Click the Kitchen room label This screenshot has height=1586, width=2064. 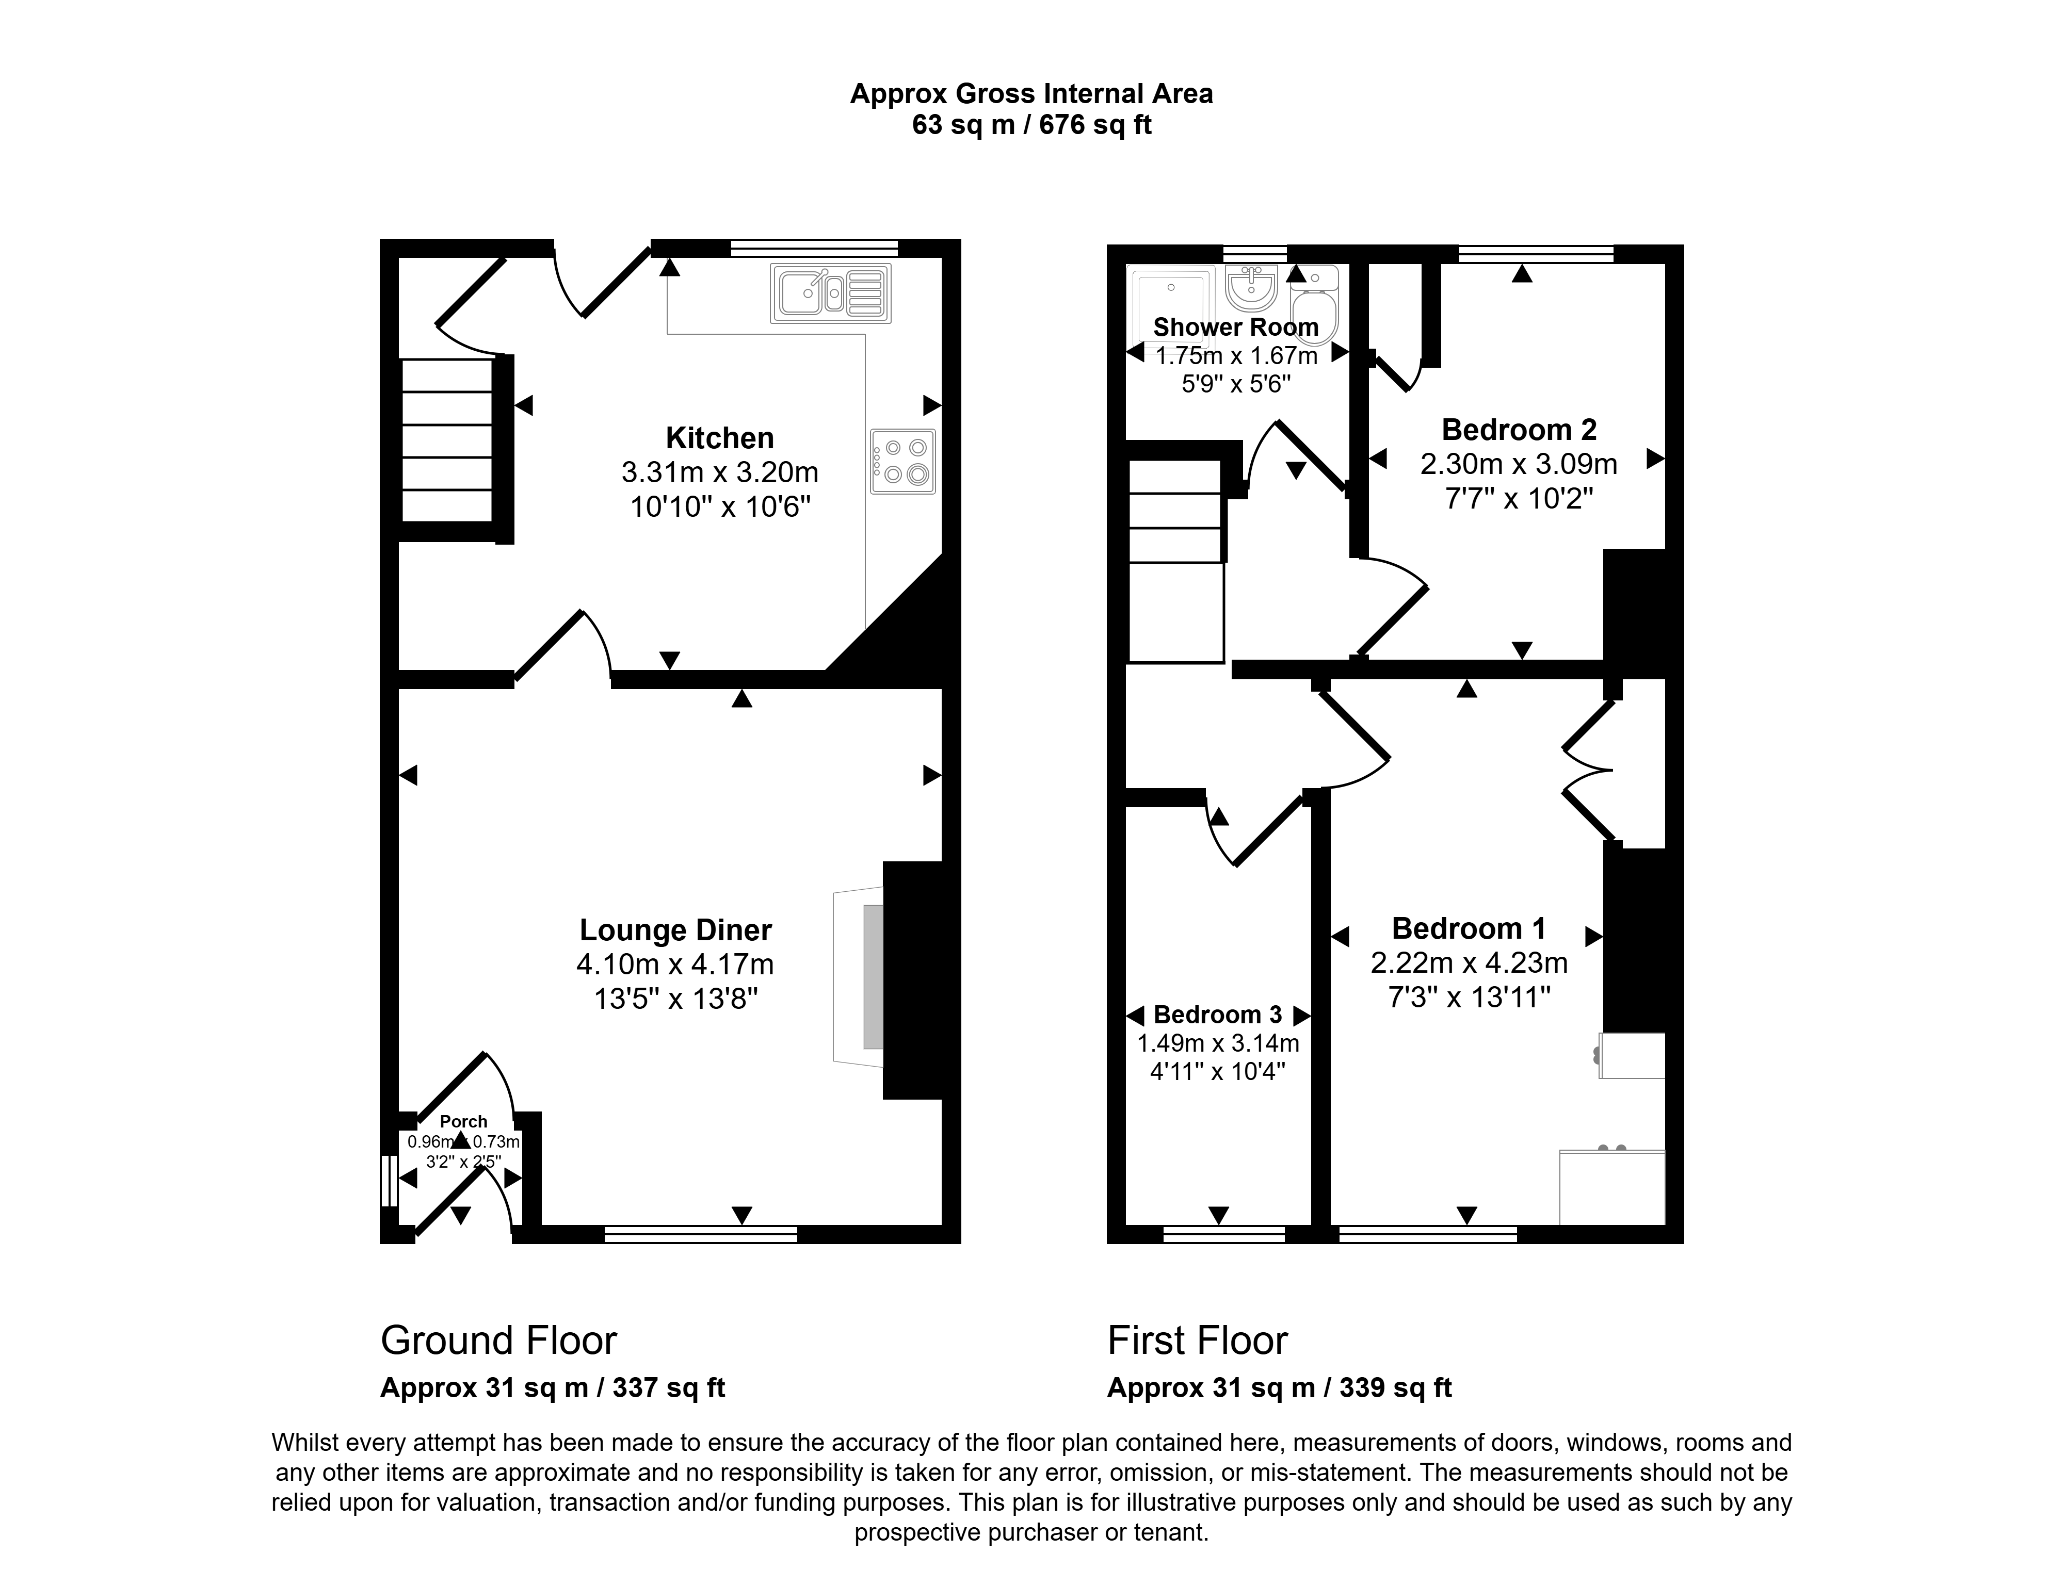pos(719,438)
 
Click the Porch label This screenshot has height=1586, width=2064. pos(463,1121)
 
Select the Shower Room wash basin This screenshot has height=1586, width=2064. pos(1252,287)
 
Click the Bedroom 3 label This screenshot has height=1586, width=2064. pos(1218,1015)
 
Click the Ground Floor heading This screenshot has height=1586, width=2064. pos(498,1340)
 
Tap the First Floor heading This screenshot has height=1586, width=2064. pos(1197,1340)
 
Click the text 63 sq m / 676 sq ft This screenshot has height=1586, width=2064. pos(1031,125)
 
